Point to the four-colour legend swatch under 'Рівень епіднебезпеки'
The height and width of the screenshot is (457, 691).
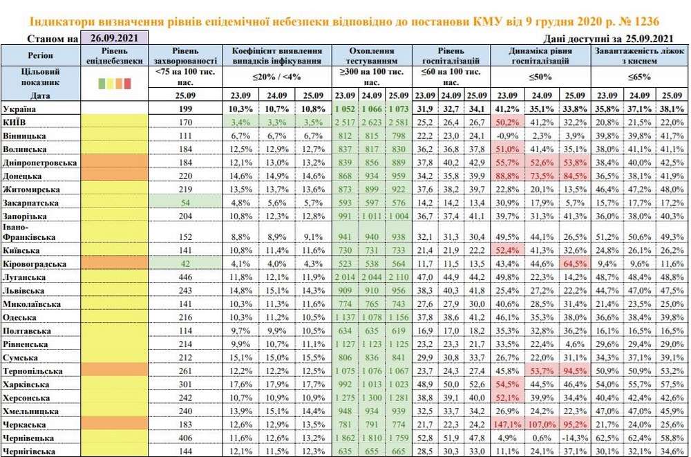[115, 83]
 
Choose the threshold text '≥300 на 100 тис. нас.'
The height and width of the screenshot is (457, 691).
[373, 77]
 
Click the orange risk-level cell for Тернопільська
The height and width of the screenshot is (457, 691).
[115, 370]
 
